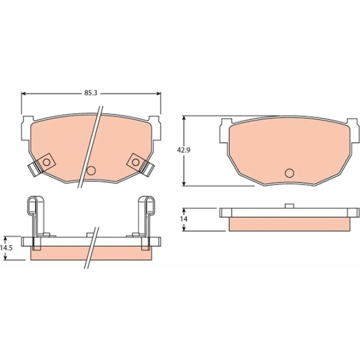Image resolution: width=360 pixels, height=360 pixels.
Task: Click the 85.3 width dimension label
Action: (x=91, y=93)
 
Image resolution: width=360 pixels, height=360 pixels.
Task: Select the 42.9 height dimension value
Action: (x=184, y=150)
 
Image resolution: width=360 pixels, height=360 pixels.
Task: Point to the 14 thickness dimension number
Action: (x=184, y=219)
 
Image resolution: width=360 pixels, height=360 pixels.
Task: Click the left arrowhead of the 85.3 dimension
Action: (x=23, y=94)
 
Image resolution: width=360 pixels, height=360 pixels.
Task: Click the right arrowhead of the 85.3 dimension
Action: (x=159, y=94)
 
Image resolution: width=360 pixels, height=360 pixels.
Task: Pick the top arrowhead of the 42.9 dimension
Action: (x=184, y=118)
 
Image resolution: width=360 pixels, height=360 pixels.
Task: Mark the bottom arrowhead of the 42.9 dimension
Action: (x=184, y=184)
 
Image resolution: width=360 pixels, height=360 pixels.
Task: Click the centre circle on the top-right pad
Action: (x=289, y=173)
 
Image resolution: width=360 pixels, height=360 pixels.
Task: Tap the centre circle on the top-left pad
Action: (x=91, y=171)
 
